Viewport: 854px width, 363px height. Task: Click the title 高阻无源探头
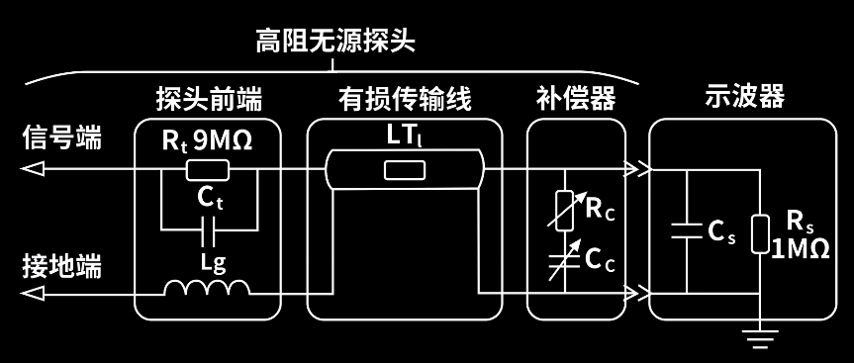pos(336,42)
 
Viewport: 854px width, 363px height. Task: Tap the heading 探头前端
pos(209,100)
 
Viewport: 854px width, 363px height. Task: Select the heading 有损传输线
pos(405,100)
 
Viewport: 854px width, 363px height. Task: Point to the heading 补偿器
pos(576,100)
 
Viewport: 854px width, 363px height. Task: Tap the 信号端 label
pos(61,137)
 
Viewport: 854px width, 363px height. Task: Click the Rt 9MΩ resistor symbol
pos(208,170)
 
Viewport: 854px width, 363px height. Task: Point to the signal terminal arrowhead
pos(32,170)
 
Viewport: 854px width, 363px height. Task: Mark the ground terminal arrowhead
pos(32,293)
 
